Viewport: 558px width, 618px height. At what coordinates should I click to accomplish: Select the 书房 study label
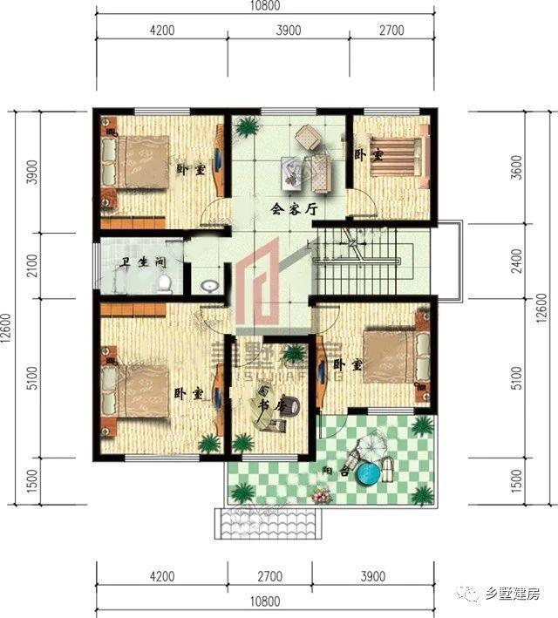pyautogui.click(x=273, y=405)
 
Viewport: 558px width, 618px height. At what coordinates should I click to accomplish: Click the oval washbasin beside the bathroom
pyautogui.click(x=209, y=285)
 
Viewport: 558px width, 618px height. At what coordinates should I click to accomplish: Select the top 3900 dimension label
pyautogui.click(x=288, y=31)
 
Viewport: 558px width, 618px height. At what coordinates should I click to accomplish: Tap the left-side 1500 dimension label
pyautogui.click(x=31, y=480)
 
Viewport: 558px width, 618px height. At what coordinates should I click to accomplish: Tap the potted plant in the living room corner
pyautogui.click(x=248, y=127)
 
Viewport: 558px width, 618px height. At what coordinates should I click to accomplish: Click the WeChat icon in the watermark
pyautogui.click(x=472, y=594)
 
